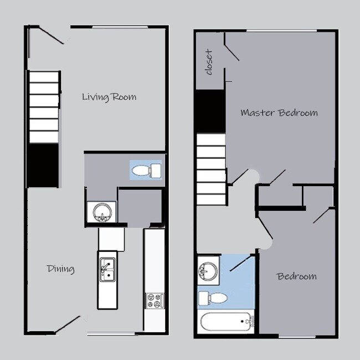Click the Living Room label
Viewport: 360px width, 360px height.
[x=109, y=97]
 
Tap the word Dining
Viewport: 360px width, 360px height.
[x=60, y=269]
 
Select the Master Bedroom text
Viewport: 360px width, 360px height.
[x=279, y=112]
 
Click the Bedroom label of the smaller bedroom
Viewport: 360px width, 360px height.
[x=297, y=276]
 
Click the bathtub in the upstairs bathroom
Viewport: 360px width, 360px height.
[x=225, y=323]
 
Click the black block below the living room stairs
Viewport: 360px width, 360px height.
[x=43, y=164]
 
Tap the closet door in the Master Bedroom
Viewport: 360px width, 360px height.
[x=232, y=53]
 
